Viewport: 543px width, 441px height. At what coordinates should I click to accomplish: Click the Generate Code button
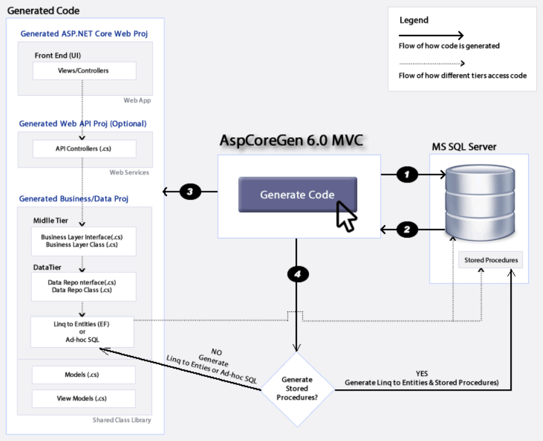coord(297,194)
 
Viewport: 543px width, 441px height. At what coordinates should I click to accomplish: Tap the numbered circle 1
coord(408,174)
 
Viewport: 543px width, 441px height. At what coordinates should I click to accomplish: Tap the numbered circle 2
coord(408,230)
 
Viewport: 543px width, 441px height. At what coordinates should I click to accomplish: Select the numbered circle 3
coord(190,192)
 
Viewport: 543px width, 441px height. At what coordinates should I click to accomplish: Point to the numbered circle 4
coord(298,274)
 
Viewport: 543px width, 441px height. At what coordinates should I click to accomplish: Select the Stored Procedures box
coord(491,260)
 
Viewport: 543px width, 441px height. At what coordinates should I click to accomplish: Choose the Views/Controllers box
coord(84,71)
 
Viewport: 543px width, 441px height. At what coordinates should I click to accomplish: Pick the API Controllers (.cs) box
coord(84,149)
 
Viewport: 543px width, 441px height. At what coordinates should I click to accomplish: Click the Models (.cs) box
coord(84,375)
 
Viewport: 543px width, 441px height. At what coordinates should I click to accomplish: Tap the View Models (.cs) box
coord(84,398)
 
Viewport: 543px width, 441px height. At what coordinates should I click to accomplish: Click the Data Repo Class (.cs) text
coord(82,290)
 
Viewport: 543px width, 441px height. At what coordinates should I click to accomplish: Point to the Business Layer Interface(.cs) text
coord(82,237)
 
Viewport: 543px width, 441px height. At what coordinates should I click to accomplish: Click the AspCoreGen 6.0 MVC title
coord(291,140)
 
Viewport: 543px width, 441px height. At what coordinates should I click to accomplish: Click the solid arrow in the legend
coord(431,35)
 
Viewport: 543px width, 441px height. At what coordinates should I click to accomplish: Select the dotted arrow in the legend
coord(431,64)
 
